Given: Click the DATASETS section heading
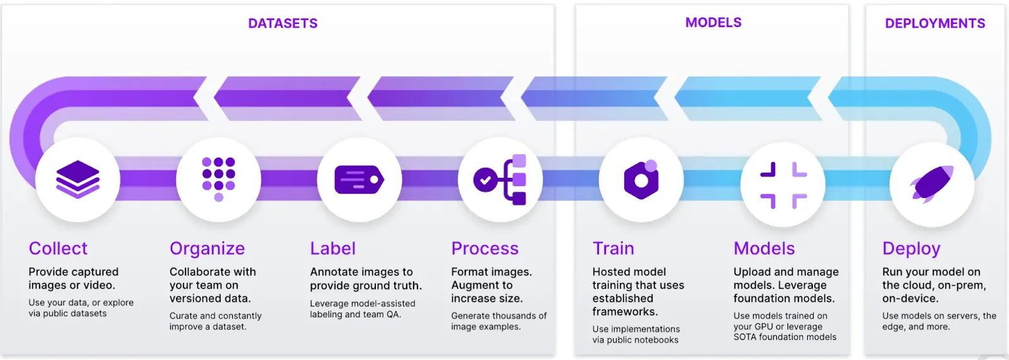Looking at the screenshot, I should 283,23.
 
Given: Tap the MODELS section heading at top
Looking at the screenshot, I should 713,23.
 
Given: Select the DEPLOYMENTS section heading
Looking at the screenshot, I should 935,23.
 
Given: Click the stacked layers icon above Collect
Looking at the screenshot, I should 78,180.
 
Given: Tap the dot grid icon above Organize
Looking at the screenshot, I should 218,179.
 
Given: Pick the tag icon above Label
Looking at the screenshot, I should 359,180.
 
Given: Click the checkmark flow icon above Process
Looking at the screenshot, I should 500,180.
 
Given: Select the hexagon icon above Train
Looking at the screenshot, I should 641,180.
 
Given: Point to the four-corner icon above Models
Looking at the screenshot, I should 783,184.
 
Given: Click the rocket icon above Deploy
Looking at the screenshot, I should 931,183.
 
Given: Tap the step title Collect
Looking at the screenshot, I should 58,248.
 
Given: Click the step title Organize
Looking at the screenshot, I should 207,249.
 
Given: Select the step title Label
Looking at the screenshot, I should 333,248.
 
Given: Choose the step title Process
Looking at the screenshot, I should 485,248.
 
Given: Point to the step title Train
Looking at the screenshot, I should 613,248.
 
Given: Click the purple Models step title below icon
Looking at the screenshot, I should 764,248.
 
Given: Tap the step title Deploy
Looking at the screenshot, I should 911,249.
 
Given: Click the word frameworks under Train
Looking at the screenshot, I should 625,311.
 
